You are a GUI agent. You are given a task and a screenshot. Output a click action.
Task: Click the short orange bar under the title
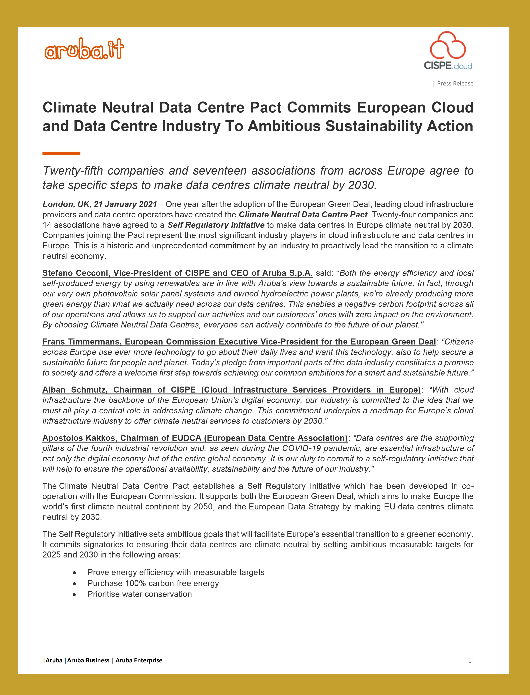click(61, 153)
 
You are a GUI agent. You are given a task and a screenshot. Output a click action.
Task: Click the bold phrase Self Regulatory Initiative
click(216, 225)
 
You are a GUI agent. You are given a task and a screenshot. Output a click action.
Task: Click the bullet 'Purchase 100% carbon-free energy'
click(153, 583)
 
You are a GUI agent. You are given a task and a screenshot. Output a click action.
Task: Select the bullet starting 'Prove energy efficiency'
click(176, 572)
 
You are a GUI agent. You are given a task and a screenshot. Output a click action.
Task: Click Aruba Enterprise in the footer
click(139, 660)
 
